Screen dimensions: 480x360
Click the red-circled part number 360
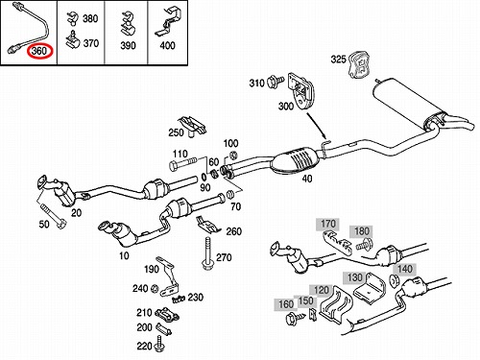pyautogui.click(x=39, y=51)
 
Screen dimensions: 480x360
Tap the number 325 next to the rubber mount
pyautogui.click(x=338, y=60)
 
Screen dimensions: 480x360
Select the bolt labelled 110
pyautogui.click(x=182, y=165)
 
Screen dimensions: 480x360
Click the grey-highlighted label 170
pyautogui.click(x=328, y=224)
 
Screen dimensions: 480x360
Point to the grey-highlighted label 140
pyautogui.click(x=405, y=269)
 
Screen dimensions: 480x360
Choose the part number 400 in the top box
pyautogui.click(x=167, y=45)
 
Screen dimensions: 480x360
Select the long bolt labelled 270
pyautogui.click(x=207, y=253)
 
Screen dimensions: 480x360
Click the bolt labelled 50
pyautogui.click(x=53, y=215)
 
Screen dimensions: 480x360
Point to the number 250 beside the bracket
pyautogui.click(x=176, y=132)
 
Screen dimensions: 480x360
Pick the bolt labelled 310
pyautogui.click(x=276, y=82)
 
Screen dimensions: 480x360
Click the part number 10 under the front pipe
pyautogui.click(x=124, y=255)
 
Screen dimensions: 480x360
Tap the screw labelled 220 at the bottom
pyautogui.click(x=159, y=344)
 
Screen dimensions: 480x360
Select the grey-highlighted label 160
pyautogui.click(x=286, y=304)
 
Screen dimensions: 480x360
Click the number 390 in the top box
pyautogui.click(x=128, y=45)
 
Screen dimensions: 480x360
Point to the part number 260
pyautogui.click(x=234, y=231)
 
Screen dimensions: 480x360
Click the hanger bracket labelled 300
pyautogui.click(x=300, y=91)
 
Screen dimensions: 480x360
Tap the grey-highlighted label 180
pyautogui.click(x=362, y=231)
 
